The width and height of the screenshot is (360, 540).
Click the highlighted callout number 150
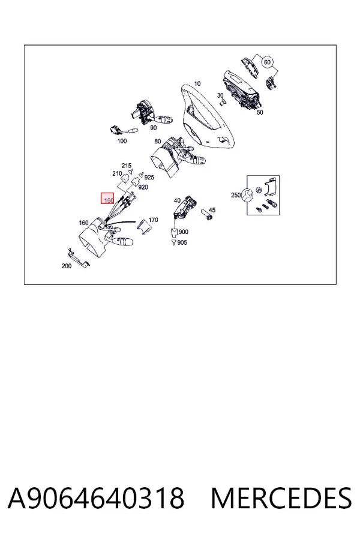(x=109, y=200)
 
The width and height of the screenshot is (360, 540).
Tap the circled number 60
(x=268, y=62)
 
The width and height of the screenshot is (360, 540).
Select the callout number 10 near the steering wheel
(x=197, y=83)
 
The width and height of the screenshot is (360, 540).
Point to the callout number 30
(x=220, y=95)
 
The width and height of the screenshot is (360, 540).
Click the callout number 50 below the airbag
(x=260, y=112)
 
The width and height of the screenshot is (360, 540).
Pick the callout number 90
(x=154, y=128)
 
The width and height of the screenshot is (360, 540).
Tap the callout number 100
(x=122, y=141)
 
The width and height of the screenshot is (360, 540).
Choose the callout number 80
(x=157, y=141)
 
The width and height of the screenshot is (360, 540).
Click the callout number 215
(x=127, y=166)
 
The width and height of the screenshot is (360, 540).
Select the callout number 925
(x=149, y=178)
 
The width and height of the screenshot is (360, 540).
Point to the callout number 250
(x=236, y=195)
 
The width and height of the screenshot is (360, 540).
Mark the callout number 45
(x=212, y=210)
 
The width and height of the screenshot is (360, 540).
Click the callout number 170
(x=153, y=220)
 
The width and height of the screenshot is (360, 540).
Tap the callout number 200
(x=67, y=266)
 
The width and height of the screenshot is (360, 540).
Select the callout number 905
(x=182, y=242)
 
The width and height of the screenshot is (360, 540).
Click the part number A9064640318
(x=96, y=498)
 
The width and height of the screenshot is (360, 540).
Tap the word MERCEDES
(x=281, y=498)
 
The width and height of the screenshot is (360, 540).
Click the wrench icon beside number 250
(x=247, y=195)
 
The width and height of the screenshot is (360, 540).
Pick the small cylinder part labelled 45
(x=208, y=214)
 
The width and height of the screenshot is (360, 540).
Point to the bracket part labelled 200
(x=79, y=257)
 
